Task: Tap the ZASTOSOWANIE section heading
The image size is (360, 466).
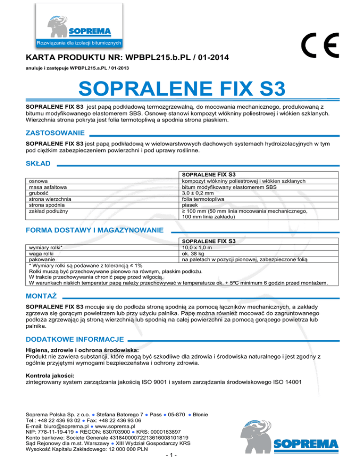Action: point(55,133)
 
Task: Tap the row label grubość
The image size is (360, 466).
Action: point(39,192)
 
